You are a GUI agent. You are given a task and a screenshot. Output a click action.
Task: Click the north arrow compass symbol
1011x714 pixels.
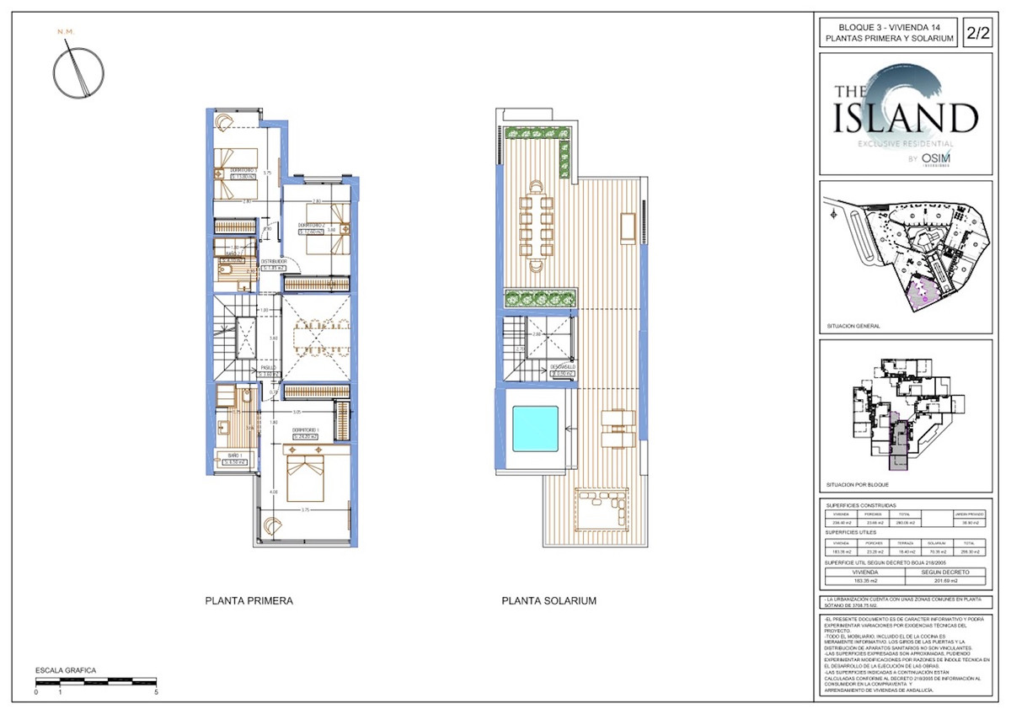[78, 71]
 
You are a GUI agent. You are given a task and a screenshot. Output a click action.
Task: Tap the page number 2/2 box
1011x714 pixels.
[977, 34]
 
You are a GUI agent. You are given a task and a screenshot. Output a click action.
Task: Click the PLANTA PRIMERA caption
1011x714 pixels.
[249, 602]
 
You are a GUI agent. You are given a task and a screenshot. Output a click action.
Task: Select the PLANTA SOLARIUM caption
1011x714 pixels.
[548, 602]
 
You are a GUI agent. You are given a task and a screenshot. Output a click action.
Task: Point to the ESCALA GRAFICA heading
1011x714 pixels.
[65, 671]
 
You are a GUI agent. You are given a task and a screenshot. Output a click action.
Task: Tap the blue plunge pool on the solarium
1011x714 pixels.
[535, 429]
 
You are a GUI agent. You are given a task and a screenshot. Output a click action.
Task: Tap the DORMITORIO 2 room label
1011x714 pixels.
[312, 228]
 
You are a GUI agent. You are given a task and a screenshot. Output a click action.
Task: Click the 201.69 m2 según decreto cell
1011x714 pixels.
[943, 579]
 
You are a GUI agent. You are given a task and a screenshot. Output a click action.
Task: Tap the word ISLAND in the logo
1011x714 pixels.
[906, 118]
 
